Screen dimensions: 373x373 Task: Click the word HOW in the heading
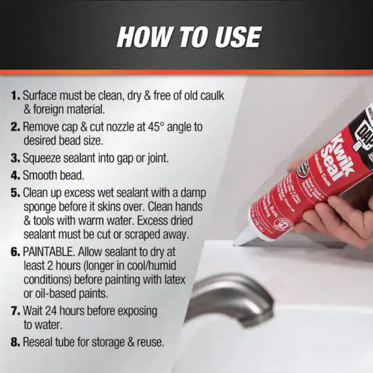[x=139, y=37]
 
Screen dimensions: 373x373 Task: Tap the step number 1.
[x=14, y=97]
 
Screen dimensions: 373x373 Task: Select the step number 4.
[x=15, y=175]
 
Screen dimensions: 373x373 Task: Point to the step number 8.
[x=15, y=341]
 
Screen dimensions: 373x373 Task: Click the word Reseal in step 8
[x=39, y=341]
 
